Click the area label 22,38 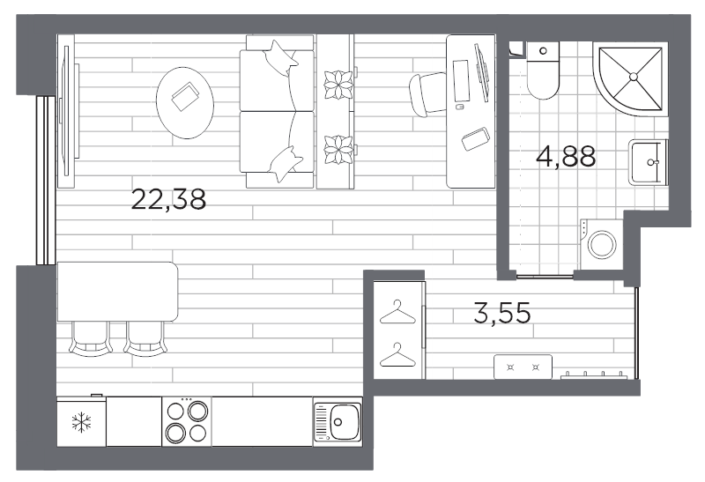[168, 200]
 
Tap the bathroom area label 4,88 [566, 158]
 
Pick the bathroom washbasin [648, 162]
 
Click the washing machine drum [603, 244]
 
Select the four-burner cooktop [186, 421]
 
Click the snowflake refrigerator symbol [81, 422]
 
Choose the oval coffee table [185, 102]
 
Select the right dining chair [145, 338]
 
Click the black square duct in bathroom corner [516, 49]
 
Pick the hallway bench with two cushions [523, 366]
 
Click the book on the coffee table [186, 96]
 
